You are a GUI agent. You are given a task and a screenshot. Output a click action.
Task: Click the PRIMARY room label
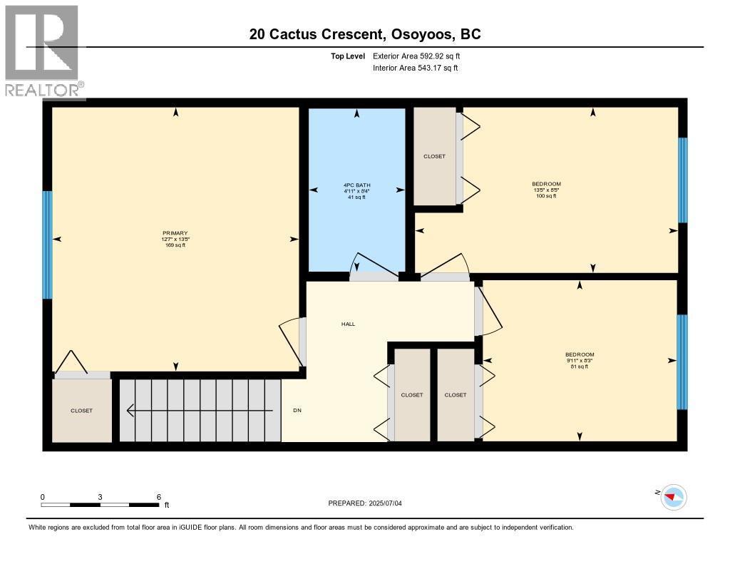click(x=175, y=233)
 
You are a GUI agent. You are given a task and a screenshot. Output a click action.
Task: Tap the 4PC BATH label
click(x=356, y=185)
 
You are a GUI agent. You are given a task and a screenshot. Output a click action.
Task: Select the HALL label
click(x=348, y=324)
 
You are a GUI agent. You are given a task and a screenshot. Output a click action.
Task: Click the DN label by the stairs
click(x=298, y=411)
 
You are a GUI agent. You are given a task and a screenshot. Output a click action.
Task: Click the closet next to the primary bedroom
click(x=81, y=411)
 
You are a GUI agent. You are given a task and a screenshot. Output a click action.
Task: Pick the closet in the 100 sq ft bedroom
click(x=434, y=156)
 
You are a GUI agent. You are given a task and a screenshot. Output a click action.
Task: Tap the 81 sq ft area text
click(x=579, y=367)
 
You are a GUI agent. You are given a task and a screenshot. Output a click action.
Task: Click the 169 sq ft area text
click(x=175, y=245)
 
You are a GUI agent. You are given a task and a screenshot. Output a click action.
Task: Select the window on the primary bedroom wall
click(x=47, y=245)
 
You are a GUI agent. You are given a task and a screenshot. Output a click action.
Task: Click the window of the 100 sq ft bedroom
click(x=682, y=180)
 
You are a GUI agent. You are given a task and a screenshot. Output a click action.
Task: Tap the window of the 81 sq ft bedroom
click(x=682, y=362)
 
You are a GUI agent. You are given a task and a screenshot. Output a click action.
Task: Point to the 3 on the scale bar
click(x=101, y=497)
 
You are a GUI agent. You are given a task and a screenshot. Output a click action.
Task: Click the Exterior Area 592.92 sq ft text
click(x=421, y=56)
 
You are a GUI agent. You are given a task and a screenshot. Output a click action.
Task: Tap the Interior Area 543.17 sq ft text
click(x=415, y=68)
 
